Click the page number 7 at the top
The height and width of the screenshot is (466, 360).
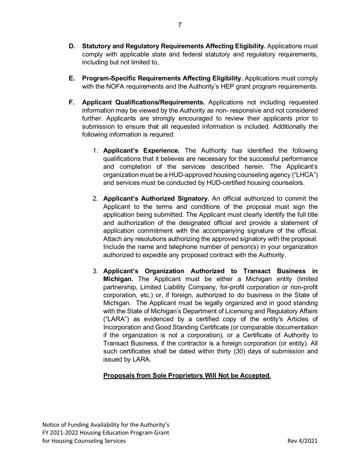180,25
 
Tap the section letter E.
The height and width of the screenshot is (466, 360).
72,78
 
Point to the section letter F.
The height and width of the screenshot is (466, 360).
72,102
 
